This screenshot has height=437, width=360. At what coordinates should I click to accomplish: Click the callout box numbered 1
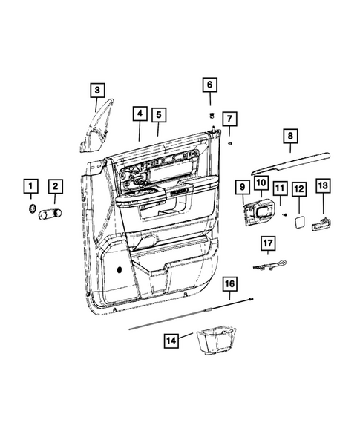click(30, 185)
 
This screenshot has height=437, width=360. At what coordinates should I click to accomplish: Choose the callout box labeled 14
click(171, 340)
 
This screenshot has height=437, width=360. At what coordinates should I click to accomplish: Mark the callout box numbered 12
click(298, 190)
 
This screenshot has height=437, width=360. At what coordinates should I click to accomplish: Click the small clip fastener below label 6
click(210, 114)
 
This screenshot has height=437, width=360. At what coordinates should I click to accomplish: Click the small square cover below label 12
click(298, 220)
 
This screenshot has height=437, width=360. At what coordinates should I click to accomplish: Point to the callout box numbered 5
click(158, 114)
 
